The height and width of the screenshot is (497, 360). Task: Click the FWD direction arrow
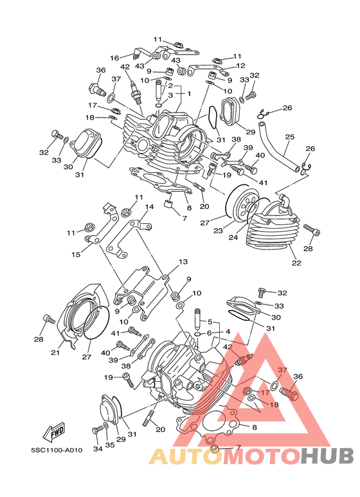pos(55,432)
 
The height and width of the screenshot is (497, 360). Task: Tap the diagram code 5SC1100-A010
pos(57,450)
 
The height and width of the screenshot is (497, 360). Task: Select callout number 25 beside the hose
pos(290,137)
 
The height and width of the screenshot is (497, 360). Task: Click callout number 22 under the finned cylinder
pos(296,263)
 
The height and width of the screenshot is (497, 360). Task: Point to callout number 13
pos(183,262)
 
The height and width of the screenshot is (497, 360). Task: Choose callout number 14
pos(149,207)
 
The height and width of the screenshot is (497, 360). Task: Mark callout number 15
pos(76,254)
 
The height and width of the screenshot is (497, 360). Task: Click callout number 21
pos(55,352)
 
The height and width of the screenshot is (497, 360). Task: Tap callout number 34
pos(98,449)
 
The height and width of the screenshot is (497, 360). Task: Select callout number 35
pos(110,445)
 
